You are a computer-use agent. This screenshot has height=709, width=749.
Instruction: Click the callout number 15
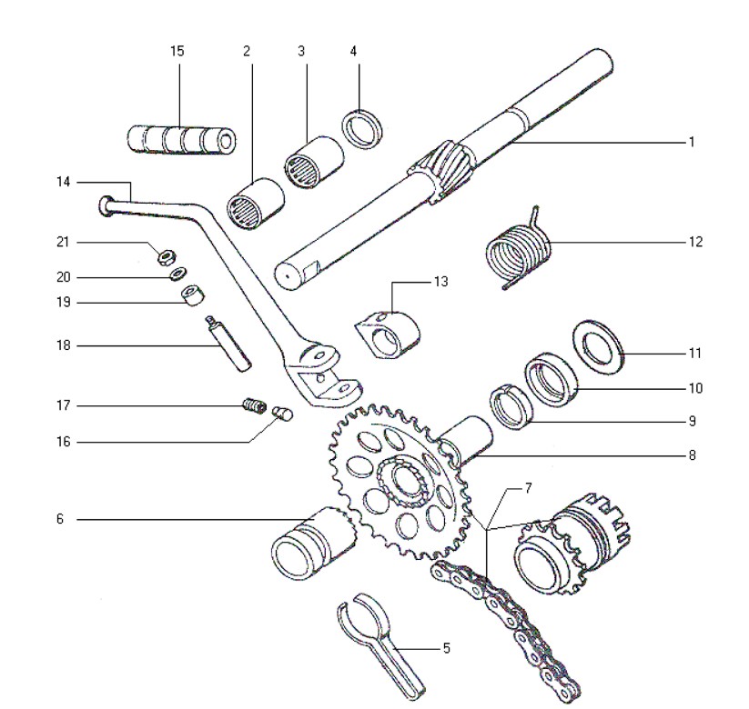(x=177, y=51)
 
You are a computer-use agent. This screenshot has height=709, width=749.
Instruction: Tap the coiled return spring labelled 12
(x=518, y=251)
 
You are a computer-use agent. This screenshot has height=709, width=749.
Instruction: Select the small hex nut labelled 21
(x=167, y=257)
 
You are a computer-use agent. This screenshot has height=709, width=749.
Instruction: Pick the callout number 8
(x=693, y=455)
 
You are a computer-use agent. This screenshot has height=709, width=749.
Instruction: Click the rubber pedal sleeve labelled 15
(x=181, y=139)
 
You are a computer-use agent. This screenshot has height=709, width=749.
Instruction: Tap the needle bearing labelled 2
(x=255, y=205)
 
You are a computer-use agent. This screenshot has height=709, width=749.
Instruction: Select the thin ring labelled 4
(x=363, y=128)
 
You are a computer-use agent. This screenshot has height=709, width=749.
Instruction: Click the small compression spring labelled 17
(x=255, y=405)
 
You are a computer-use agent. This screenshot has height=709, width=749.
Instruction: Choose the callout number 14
(x=63, y=183)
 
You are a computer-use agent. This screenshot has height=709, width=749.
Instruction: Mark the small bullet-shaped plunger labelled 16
(x=282, y=414)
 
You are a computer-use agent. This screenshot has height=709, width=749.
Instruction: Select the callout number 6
(x=60, y=519)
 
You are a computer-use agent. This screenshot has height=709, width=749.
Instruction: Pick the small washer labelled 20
(x=179, y=274)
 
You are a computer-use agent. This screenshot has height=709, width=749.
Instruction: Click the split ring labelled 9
(x=510, y=407)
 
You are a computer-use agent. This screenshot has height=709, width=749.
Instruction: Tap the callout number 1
(x=692, y=142)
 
